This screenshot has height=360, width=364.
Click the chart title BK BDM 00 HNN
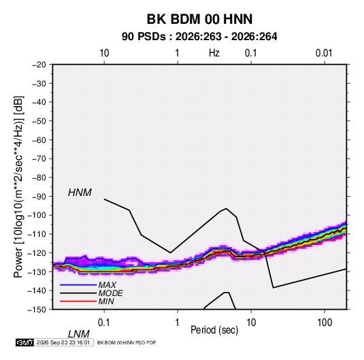click(x=199, y=19)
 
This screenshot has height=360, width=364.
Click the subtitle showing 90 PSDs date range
click(x=199, y=37)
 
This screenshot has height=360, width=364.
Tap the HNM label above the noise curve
click(x=80, y=193)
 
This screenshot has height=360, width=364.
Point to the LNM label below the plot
click(x=79, y=334)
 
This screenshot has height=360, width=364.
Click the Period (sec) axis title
click(x=214, y=330)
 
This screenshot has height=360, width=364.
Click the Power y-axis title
click(x=18, y=187)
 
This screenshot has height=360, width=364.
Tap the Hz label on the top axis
click(x=214, y=53)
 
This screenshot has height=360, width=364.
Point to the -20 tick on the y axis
click(x=39, y=65)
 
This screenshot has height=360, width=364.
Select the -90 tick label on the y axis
click(x=39, y=197)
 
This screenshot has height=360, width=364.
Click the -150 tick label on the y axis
click(x=37, y=310)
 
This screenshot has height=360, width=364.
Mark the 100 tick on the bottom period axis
click(x=325, y=323)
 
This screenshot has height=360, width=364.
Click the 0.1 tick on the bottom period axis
click(x=104, y=323)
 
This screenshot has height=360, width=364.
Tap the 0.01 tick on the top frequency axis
click(x=324, y=53)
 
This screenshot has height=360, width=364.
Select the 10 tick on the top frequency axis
click(x=104, y=53)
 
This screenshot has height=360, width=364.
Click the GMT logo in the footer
click(x=25, y=342)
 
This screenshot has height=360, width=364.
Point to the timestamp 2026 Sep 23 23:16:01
click(x=63, y=342)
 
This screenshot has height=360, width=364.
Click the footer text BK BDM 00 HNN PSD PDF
click(x=127, y=342)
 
